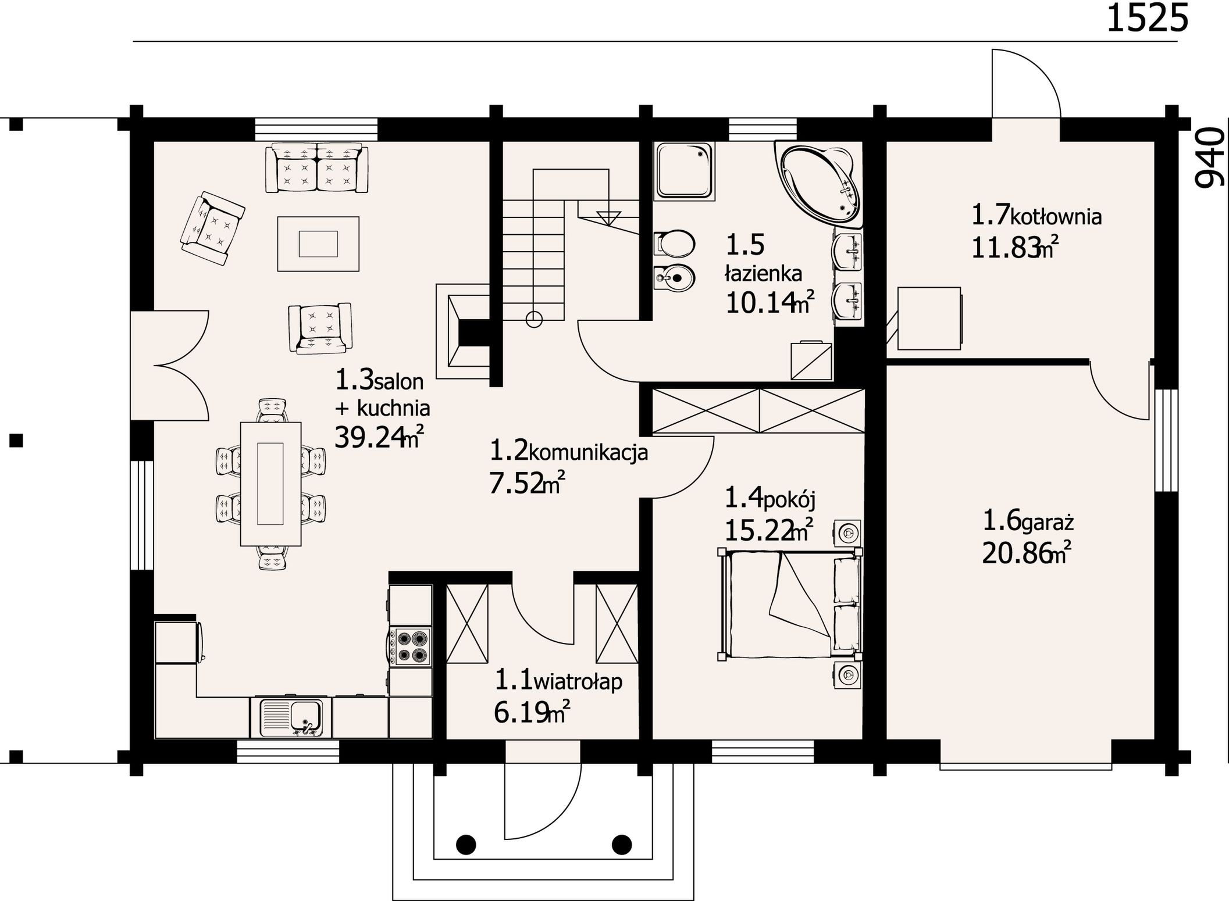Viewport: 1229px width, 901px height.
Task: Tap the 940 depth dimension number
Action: tap(1209, 157)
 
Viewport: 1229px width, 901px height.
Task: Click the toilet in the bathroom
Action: tap(674, 244)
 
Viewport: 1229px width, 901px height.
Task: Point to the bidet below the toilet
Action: tap(674, 278)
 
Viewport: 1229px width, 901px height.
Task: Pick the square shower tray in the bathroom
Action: tap(685, 171)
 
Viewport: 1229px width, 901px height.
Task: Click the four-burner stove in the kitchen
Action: tap(410, 646)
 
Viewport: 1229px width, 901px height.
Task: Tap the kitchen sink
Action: tap(291, 716)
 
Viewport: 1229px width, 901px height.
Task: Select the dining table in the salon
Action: tap(271, 484)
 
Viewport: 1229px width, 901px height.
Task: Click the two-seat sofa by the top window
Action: tap(317, 167)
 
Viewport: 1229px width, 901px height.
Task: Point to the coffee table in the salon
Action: tap(318, 244)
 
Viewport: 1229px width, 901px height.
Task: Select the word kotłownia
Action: tap(1056, 217)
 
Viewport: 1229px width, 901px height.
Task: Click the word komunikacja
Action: tap(588, 452)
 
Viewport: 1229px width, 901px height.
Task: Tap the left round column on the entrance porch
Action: tap(466, 844)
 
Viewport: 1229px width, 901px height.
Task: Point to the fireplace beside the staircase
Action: tap(463, 331)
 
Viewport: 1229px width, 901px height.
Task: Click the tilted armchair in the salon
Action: tap(212, 228)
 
